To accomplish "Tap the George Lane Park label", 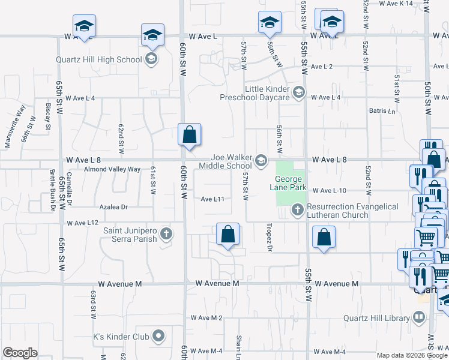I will pyautogui.click(x=291, y=183).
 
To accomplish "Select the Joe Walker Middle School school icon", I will pyautogui.click(x=261, y=160).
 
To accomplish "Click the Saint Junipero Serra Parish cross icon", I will pyautogui.click(x=167, y=233).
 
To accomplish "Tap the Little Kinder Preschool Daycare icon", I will pyautogui.click(x=299, y=92).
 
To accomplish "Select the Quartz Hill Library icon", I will pyautogui.click(x=418, y=317).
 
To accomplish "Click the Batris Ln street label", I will pyautogui.click(x=384, y=111).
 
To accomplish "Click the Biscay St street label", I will pyautogui.click(x=48, y=115).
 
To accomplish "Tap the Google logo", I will pyautogui.click(x=20, y=353).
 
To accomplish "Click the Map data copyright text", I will pyautogui.click(x=412, y=355).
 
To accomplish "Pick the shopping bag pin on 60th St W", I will pyautogui.click(x=189, y=136).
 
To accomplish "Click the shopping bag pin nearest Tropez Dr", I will pyautogui.click(x=228, y=235).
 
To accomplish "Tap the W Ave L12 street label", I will pyautogui.click(x=82, y=223).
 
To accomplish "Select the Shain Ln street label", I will pyautogui.click(x=238, y=344).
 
